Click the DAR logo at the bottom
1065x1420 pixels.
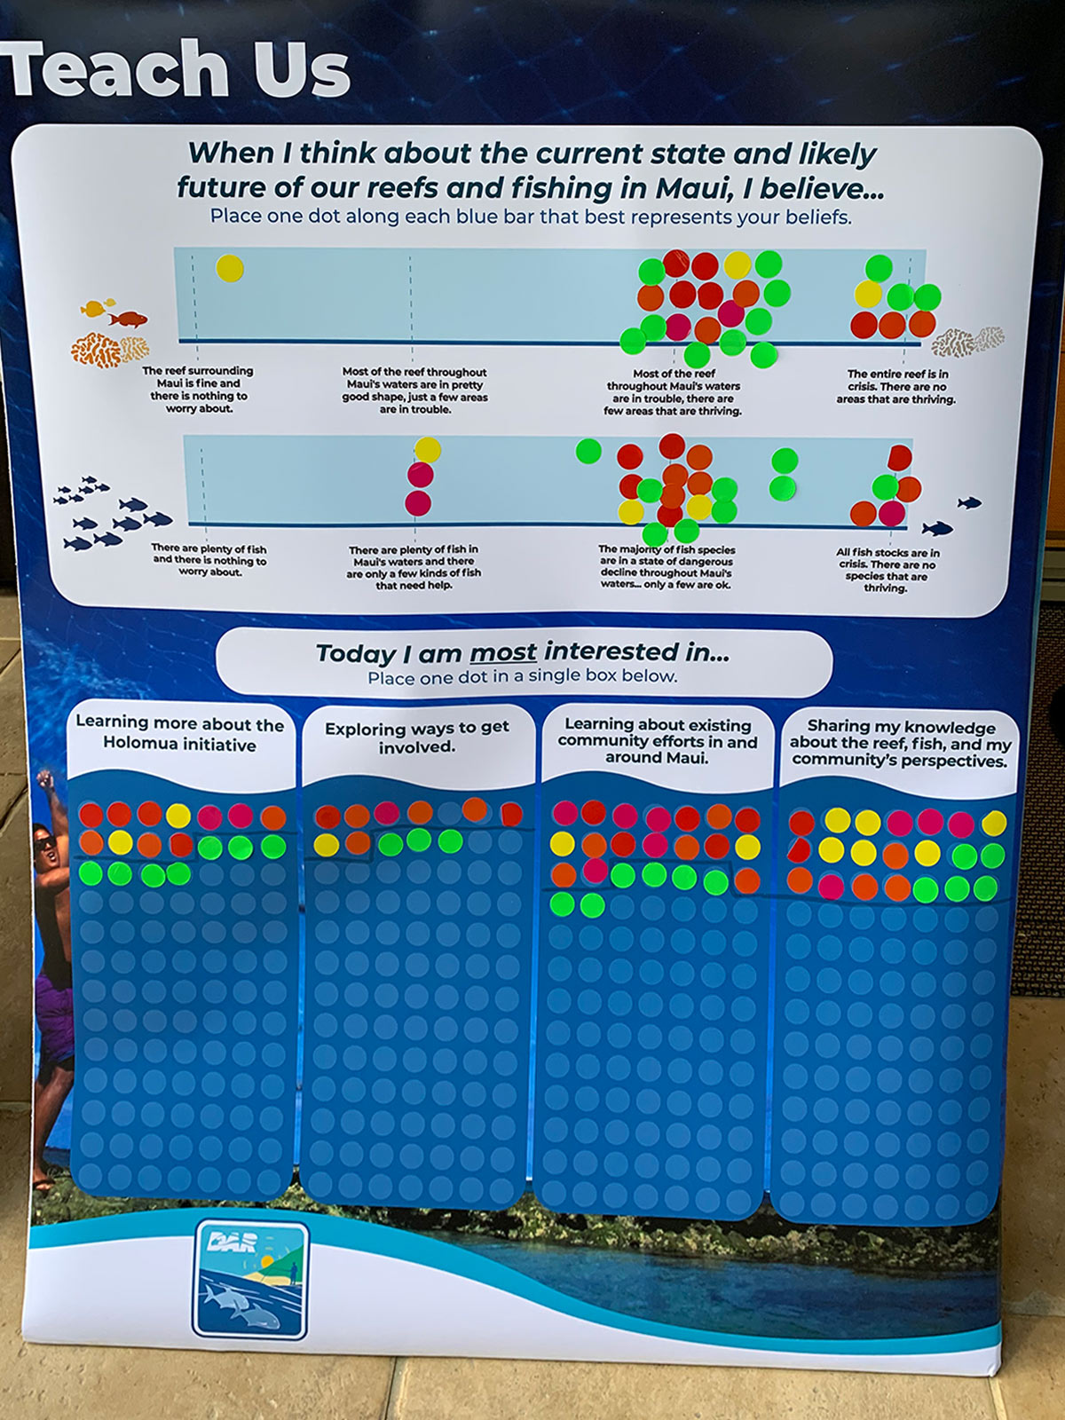[x=250, y=1280]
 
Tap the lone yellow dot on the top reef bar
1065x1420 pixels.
[x=230, y=268]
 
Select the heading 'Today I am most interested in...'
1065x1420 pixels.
[x=523, y=653]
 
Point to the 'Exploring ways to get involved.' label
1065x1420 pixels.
[x=416, y=738]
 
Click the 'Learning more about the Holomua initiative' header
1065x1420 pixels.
[x=179, y=734]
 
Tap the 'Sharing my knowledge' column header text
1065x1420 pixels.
[x=900, y=744]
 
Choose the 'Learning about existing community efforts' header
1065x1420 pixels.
[x=657, y=740]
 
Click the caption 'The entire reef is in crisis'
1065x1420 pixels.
[x=896, y=387]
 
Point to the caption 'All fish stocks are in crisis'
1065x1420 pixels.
[x=887, y=570]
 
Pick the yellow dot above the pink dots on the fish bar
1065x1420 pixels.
[x=428, y=450]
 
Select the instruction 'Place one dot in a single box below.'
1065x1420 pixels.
[x=522, y=676]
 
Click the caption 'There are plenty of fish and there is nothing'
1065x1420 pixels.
[x=209, y=560]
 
